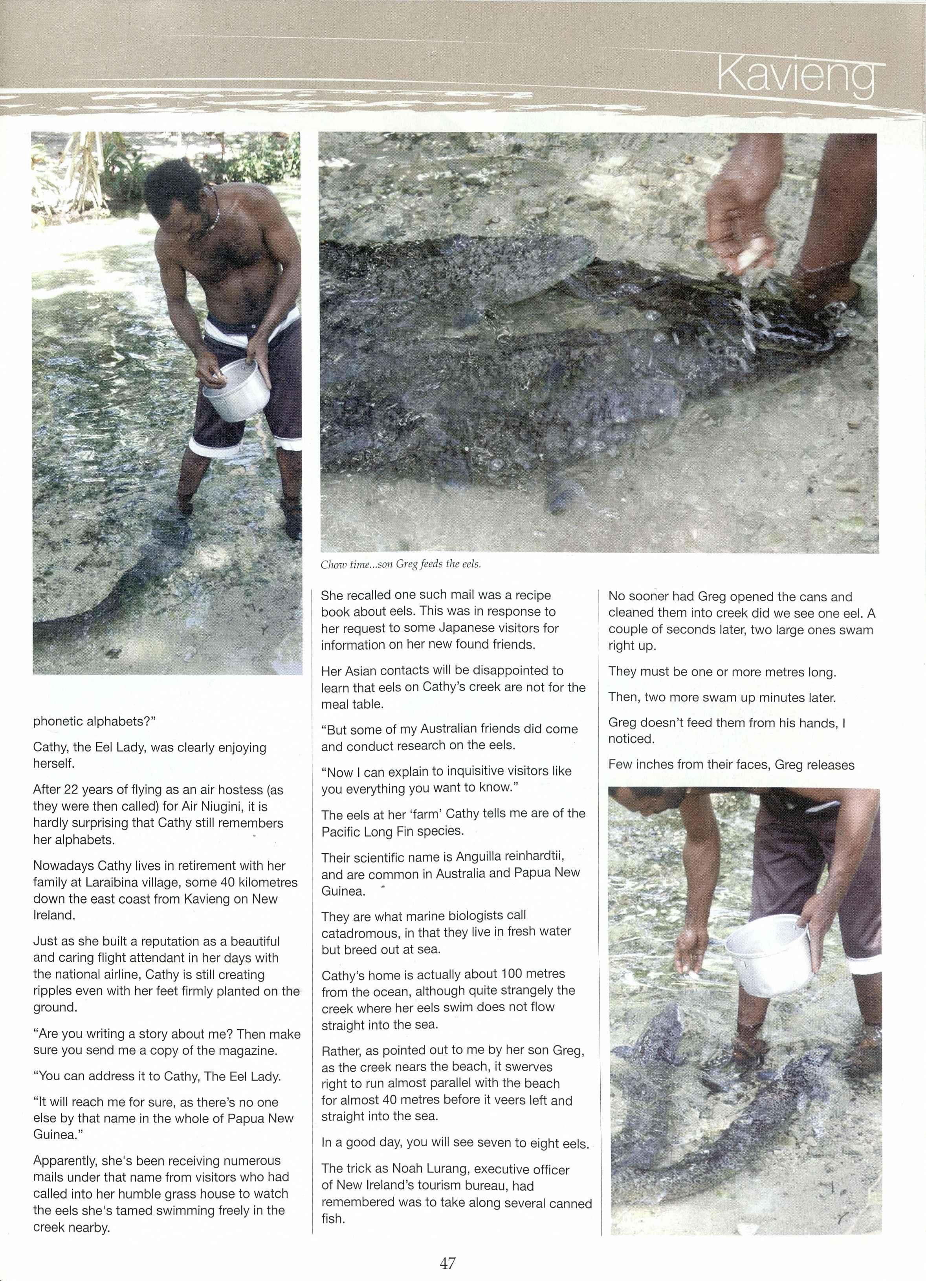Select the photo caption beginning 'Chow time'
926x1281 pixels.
tap(401, 564)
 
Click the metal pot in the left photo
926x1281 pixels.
tap(236, 390)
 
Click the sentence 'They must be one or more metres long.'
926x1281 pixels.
tap(721, 672)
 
